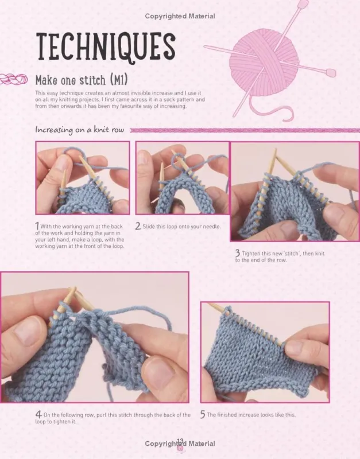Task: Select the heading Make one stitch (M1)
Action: coord(82,80)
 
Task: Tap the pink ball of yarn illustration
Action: coord(264,63)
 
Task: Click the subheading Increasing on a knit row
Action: coord(80,130)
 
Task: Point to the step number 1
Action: coord(37,226)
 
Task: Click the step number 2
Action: coord(138,226)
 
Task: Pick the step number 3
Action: coord(238,253)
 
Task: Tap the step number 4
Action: coord(38,414)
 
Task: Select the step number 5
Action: coord(203,414)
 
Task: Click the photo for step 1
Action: coord(83,178)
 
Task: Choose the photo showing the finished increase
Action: coord(265,352)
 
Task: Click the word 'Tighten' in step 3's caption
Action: coord(251,254)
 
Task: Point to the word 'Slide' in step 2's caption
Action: coord(149,226)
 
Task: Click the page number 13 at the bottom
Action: coord(180,441)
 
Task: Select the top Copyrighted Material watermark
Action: coord(180,16)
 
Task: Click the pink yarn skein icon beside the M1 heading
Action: coord(14,79)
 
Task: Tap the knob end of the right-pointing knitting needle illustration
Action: coord(331,73)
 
